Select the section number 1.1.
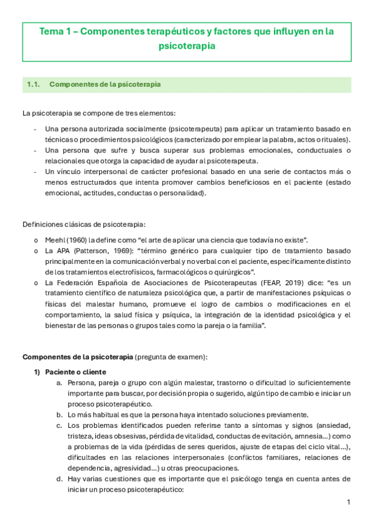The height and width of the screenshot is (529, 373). [34, 84]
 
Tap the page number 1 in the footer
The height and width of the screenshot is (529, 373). [349, 502]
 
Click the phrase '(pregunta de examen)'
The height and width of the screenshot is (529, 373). [171, 357]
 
